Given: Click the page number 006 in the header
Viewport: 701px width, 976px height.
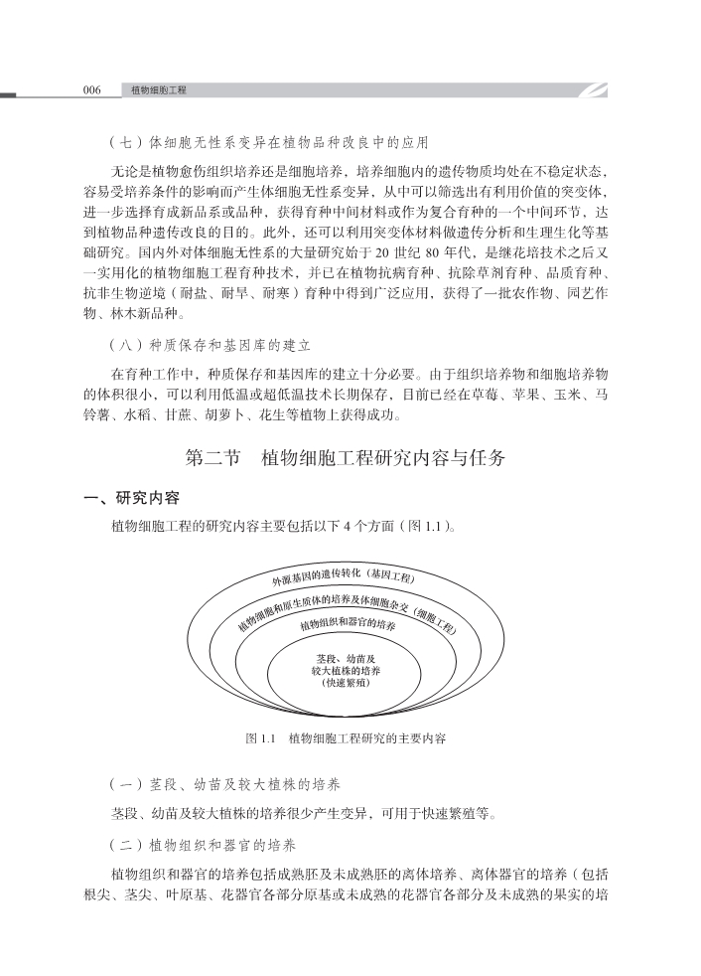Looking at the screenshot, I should [x=92, y=90].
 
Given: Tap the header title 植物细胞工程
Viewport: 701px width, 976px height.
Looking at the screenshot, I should [x=159, y=90].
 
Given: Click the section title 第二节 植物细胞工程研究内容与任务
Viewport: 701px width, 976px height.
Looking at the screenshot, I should [x=346, y=459].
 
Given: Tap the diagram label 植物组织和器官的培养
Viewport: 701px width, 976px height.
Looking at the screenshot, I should [x=348, y=626].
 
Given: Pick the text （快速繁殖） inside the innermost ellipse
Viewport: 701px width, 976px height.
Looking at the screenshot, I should [x=347, y=684].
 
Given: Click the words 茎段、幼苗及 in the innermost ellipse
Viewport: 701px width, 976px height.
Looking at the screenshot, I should [x=347, y=658].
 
